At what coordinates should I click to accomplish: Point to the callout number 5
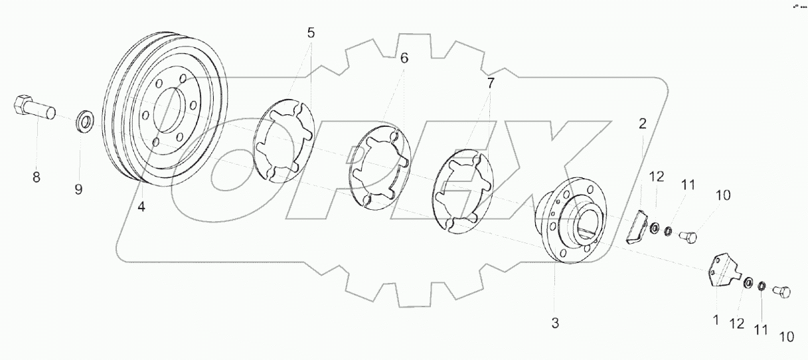click(x=311, y=33)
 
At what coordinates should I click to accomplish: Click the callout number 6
click(x=404, y=58)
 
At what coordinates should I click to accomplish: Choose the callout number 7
click(x=491, y=84)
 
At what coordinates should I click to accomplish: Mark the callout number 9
click(x=78, y=189)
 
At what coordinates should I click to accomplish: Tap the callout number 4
click(x=141, y=207)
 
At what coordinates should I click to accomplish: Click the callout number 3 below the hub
click(x=555, y=323)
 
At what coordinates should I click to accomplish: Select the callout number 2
click(x=642, y=123)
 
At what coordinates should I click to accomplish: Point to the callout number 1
click(x=716, y=320)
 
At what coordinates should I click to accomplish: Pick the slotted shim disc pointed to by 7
click(x=462, y=191)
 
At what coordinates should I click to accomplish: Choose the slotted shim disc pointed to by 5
click(x=282, y=141)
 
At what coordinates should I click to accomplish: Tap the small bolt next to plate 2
click(x=690, y=235)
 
